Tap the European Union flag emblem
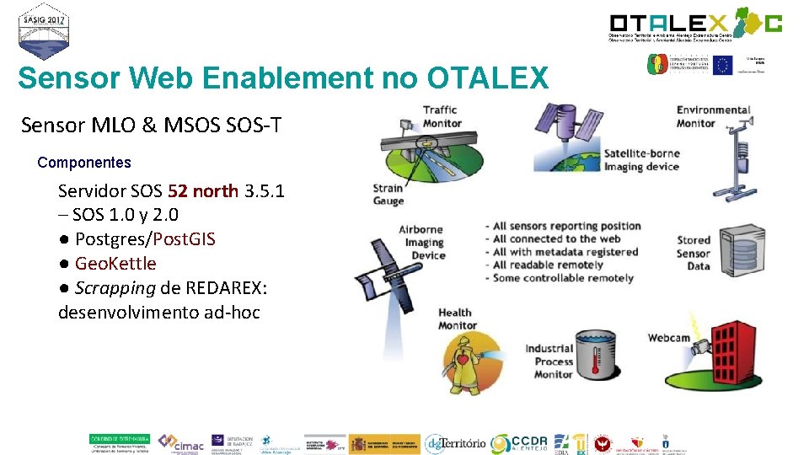point(722,65)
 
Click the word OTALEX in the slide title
point(487,78)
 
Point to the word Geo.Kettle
point(115,264)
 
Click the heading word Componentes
point(84,162)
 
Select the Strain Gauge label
point(388,195)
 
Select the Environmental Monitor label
point(713,116)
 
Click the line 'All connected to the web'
point(556,238)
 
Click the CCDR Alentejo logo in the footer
point(523,443)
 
